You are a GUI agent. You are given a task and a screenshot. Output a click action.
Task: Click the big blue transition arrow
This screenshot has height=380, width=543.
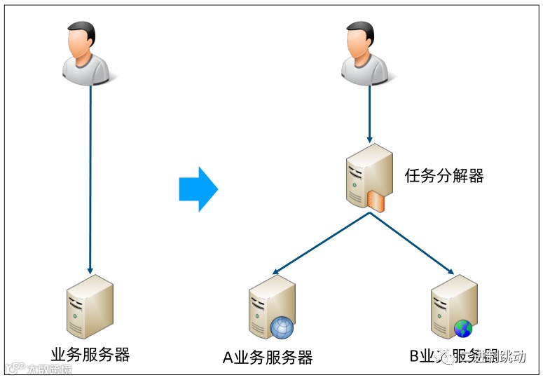pyautogui.click(x=199, y=189)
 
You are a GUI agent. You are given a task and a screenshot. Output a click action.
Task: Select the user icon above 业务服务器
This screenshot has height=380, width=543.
pyautogui.click(x=88, y=54)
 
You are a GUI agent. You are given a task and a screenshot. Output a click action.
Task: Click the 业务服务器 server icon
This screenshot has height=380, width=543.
pyautogui.click(x=89, y=306)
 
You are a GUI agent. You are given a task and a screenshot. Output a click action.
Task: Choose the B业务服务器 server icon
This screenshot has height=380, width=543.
pyautogui.click(x=453, y=307)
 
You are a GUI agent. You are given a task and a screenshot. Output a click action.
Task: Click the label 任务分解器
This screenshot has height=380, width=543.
pyautogui.click(x=444, y=175)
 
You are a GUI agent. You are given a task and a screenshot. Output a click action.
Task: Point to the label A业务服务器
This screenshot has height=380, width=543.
pyautogui.click(x=268, y=357)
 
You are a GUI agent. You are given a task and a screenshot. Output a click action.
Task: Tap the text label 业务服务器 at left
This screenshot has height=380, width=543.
pyautogui.click(x=90, y=354)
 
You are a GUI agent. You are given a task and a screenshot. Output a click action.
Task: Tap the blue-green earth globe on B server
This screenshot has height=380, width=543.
pyautogui.click(x=463, y=328)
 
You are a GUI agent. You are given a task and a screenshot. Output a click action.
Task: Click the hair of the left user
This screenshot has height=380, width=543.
pyautogui.click(x=81, y=30)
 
